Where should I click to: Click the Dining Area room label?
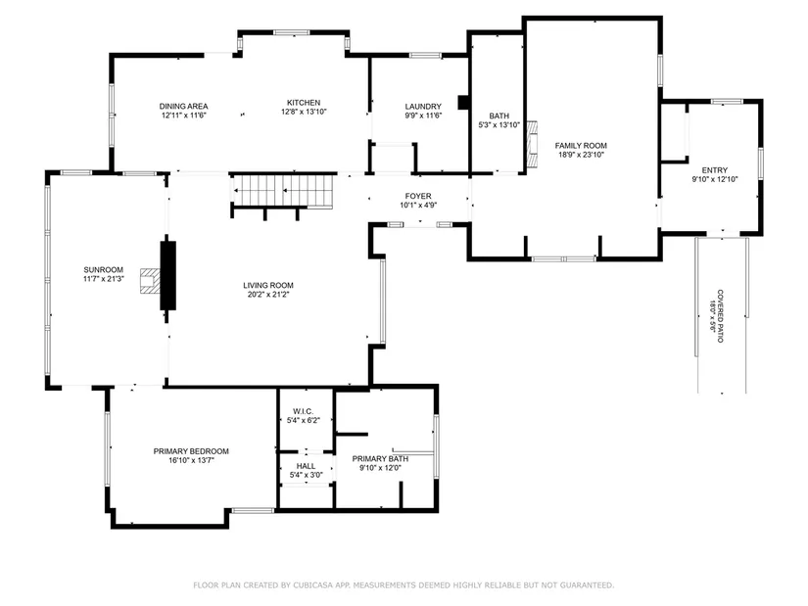[x=183, y=111]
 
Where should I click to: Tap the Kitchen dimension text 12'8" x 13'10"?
[x=304, y=112]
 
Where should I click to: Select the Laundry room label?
[x=423, y=111]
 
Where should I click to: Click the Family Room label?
[x=581, y=150]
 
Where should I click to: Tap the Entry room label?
[x=715, y=174]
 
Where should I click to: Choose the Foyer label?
[x=418, y=201]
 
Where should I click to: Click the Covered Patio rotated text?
[x=717, y=316]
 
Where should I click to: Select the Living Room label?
[x=268, y=290]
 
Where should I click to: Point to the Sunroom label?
[x=103, y=274]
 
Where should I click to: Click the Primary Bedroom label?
[x=191, y=455]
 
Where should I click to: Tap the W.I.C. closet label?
[x=303, y=416]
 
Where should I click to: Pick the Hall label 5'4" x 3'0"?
[x=307, y=471]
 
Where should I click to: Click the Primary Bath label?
[x=380, y=463]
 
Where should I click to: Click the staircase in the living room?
[x=282, y=191]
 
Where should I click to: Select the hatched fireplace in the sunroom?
[x=150, y=281]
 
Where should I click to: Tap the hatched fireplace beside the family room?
[x=531, y=145]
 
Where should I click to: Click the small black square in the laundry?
[x=463, y=103]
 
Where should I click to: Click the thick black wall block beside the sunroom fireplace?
[x=168, y=275]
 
